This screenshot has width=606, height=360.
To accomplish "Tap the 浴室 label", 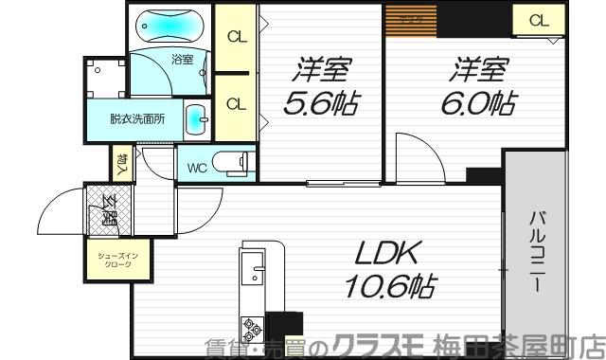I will (x=182, y=59).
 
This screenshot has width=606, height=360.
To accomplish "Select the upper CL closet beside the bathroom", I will (x=237, y=38).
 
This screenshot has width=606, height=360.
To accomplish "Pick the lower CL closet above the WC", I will (x=237, y=102).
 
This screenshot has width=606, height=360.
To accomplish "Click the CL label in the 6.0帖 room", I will (x=538, y=20).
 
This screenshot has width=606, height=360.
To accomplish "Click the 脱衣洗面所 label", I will (x=137, y=119).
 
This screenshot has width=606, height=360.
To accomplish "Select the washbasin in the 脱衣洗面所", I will (x=194, y=119).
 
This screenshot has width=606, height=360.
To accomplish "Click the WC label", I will (x=197, y=169).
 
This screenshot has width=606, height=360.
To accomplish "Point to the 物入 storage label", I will (x=123, y=164).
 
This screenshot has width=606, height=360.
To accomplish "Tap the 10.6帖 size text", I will (x=383, y=288).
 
